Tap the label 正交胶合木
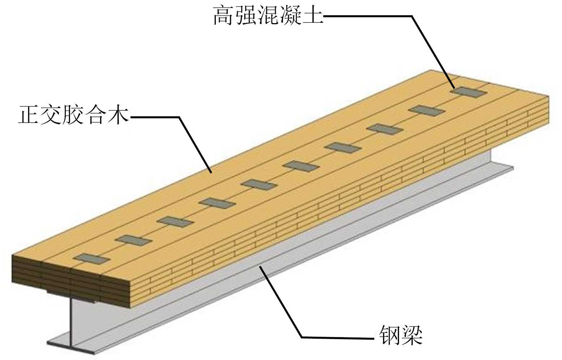tap(74, 115)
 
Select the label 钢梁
tap(401, 336)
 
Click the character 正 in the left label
tap(29, 115)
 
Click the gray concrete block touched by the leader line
tap(469, 92)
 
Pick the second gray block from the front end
tap(134, 240)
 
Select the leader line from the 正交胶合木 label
tap(195, 145)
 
